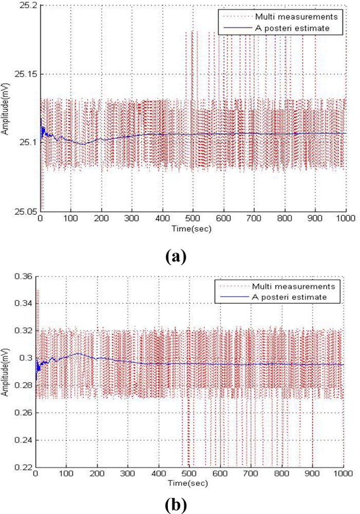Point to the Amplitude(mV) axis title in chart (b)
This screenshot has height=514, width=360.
coord(6,372)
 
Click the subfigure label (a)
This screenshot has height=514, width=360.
coord(180,255)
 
